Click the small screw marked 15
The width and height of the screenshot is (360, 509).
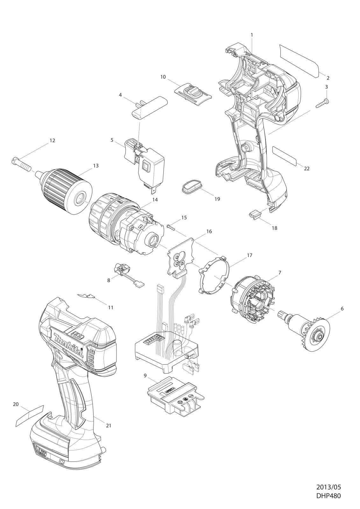pyautogui.click(x=171, y=227)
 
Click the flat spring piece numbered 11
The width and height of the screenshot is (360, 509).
pyautogui.click(x=87, y=296)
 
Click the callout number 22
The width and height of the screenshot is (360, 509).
pyautogui.click(x=307, y=169)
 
